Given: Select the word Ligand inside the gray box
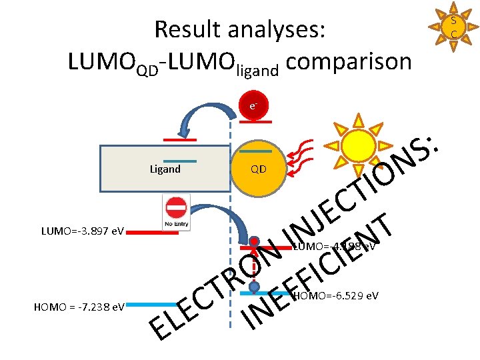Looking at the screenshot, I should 165,169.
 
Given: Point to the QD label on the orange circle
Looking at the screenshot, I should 259,169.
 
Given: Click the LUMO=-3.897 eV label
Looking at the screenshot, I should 83,231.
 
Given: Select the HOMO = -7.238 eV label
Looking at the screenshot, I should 79,307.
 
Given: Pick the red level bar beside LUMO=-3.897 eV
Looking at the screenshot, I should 152,233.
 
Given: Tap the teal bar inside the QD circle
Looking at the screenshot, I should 256,152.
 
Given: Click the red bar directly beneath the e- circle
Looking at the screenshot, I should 253,122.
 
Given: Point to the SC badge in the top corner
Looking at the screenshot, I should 453,27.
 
